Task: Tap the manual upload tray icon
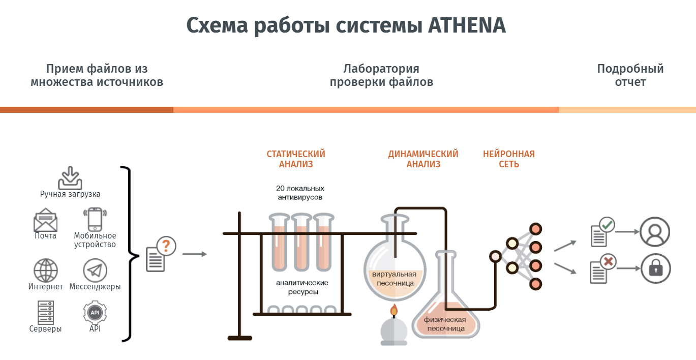[70, 177]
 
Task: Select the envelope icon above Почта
[45, 220]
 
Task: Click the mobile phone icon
[95, 219]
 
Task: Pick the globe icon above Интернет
[46, 270]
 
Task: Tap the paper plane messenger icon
[95, 270]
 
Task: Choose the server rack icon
[46, 312]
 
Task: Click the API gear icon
[95, 312]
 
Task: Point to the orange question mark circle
[166, 247]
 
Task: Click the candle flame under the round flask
[394, 310]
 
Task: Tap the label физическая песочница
[445, 324]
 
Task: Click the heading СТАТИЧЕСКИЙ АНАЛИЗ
[296, 159]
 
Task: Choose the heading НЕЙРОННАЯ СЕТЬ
[509, 159]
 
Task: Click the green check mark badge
[607, 224]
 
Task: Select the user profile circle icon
[655, 232]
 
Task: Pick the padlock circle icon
[655, 268]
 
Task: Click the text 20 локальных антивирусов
[300, 192]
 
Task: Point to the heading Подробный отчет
[630, 75]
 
